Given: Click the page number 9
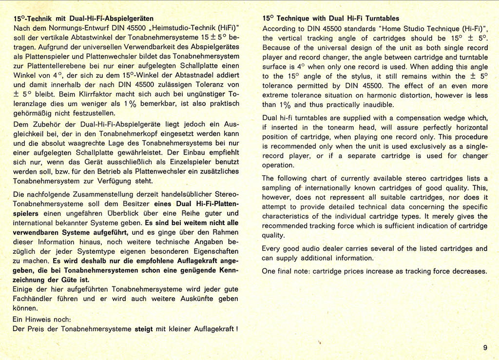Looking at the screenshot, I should click(x=485, y=347).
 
